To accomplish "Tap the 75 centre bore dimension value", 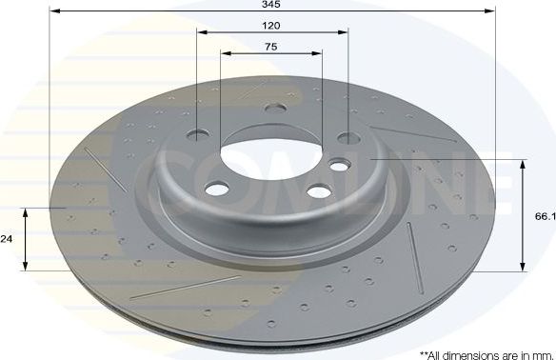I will coord(271,46).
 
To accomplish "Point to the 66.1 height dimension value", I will coord(544,217).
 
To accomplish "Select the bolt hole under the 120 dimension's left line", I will coord(199,134).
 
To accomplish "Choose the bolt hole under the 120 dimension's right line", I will coord(348,139).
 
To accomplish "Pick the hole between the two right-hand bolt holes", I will coord(338,168).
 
